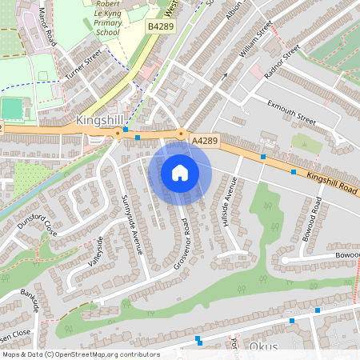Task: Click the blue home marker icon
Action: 179,173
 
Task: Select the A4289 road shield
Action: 205,141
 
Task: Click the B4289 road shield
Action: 160,27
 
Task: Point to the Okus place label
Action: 263,348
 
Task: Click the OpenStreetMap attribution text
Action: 80,354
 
